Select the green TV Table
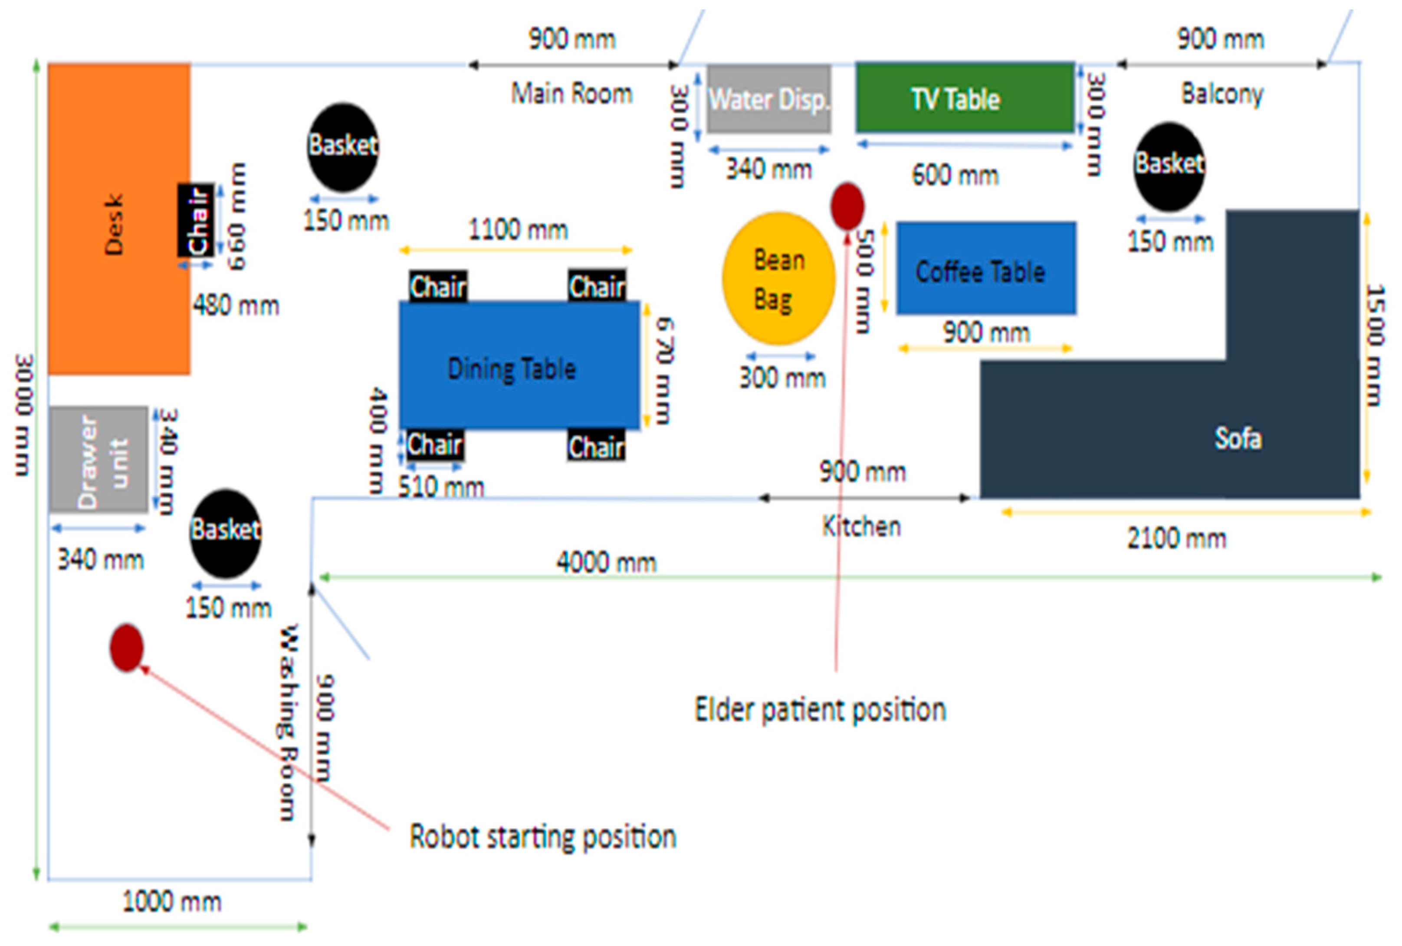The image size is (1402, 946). pyautogui.click(x=964, y=98)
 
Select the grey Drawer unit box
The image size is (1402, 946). pyautogui.click(x=99, y=460)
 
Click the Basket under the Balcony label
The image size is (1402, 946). pyautogui.click(x=1169, y=166)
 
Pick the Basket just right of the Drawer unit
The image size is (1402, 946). pyautogui.click(x=225, y=534)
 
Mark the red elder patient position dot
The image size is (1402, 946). pyautogui.click(x=847, y=206)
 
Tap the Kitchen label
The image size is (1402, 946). pyautogui.click(x=861, y=527)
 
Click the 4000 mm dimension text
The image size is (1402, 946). pyautogui.click(x=606, y=563)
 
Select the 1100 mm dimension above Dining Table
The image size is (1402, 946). pyautogui.click(x=518, y=230)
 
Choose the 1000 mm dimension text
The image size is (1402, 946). pyautogui.click(x=172, y=902)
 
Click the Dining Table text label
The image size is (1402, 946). pyautogui.click(x=512, y=369)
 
